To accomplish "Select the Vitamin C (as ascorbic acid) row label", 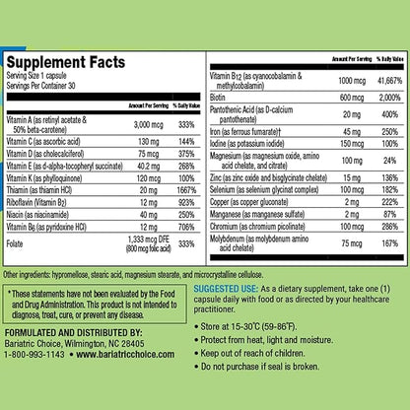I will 47,143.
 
